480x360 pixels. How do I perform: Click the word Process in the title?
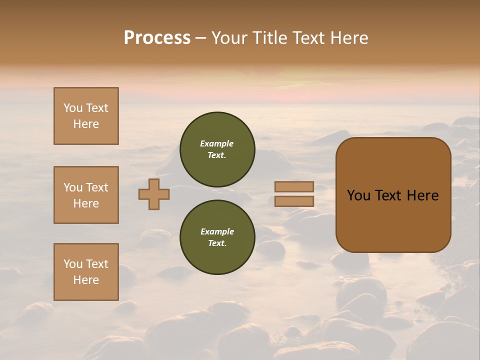(x=157, y=38)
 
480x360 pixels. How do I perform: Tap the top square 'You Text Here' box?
(x=86, y=116)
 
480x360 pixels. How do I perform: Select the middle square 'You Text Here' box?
(x=86, y=195)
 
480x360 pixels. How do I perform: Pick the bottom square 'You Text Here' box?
(x=86, y=272)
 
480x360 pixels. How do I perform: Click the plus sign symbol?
(x=154, y=194)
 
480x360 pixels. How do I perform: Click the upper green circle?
(x=217, y=149)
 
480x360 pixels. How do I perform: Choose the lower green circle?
(x=217, y=237)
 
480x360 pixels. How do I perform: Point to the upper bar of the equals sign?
(x=294, y=186)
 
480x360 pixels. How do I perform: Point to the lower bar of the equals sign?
(x=294, y=201)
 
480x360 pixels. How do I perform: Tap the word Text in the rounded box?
(x=389, y=195)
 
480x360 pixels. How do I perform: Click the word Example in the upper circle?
(x=217, y=143)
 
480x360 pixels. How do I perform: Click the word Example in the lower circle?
(x=217, y=231)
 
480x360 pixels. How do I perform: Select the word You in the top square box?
(x=72, y=108)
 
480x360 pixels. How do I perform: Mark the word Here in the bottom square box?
(x=86, y=280)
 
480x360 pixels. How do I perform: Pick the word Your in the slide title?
(x=228, y=38)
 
